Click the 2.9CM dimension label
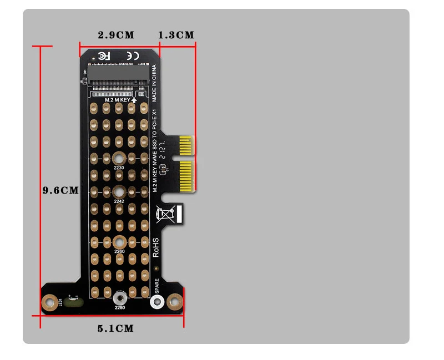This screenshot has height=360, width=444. (116, 35)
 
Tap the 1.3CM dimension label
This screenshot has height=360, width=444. (176, 35)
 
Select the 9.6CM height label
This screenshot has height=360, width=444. (60, 190)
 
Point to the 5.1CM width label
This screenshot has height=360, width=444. (115, 328)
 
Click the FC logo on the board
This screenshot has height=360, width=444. (104, 55)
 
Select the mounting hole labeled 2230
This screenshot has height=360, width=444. (119, 158)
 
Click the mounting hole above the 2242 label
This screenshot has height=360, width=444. (119, 192)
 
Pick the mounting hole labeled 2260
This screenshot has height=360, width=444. (119, 242)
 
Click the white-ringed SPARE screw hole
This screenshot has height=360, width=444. (158, 302)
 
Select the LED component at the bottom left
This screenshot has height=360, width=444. (74, 303)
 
